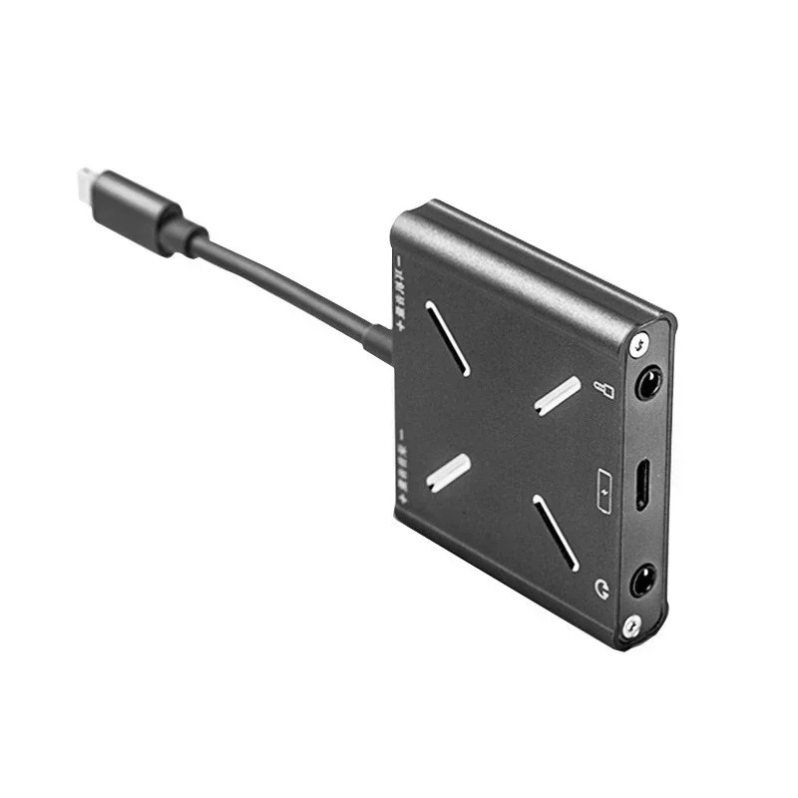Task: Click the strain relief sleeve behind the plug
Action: (x=184, y=235)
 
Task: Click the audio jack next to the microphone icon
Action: (x=648, y=382)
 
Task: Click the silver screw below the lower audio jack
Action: (x=630, y=625)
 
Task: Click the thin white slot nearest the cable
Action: (x=448, y=338)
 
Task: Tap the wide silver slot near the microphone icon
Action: (x=558, y=395)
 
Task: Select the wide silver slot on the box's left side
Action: (x=449, y=472)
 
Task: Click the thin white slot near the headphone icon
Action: (x=555, y=533)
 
